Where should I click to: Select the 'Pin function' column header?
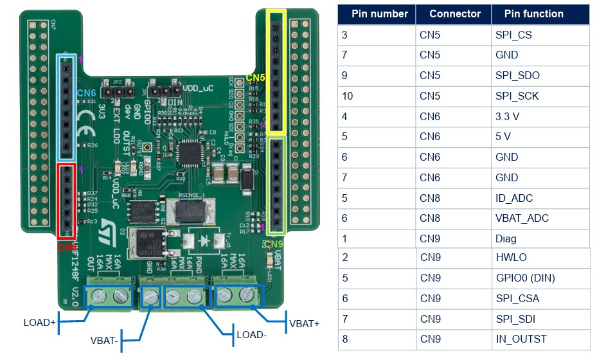[533, 14]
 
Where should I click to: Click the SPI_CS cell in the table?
[513, 35]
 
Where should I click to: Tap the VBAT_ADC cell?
[522, 219]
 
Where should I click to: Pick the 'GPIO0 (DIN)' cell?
[525, 278]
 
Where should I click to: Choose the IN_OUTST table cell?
[521, 339]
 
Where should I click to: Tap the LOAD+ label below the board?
[39, 322]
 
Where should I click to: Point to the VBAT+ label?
[304, 323]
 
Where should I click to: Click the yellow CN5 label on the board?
[255, 78]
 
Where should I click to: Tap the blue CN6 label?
[86, 94]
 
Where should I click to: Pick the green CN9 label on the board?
[273, 244]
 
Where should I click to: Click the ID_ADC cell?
[514, 198]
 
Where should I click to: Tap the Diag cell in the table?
[506, 239]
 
